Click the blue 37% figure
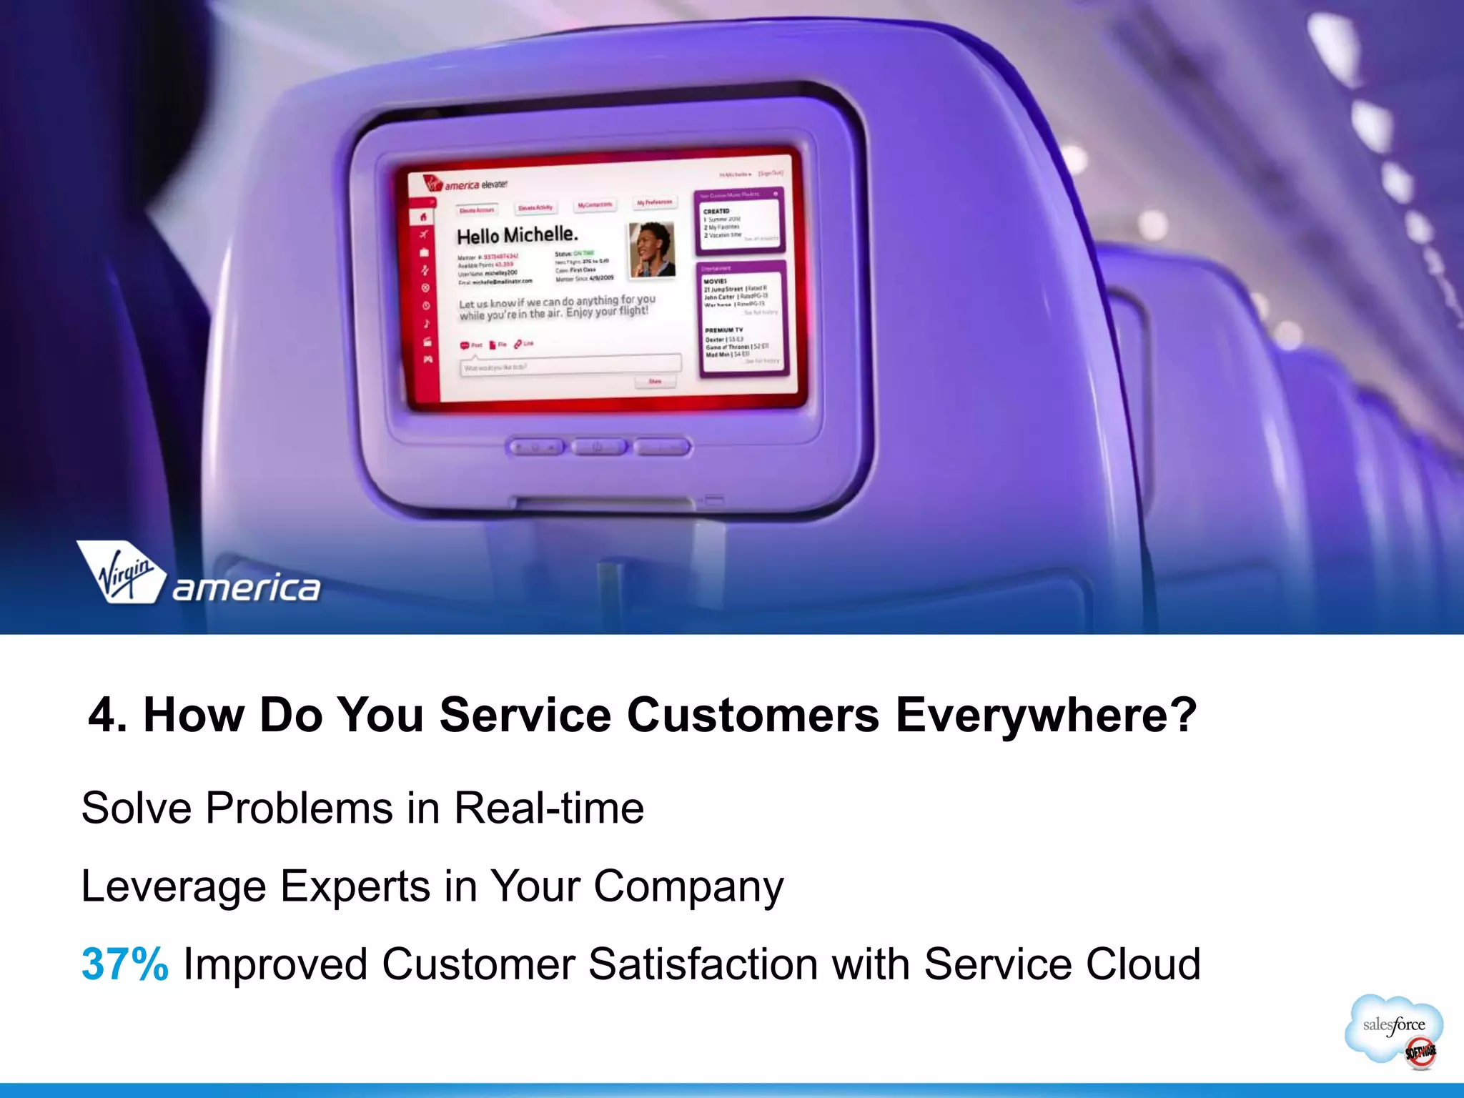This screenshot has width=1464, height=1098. (125, 964)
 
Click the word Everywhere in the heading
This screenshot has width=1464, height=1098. (1046, 715)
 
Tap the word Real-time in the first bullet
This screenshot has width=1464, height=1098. (549, 808)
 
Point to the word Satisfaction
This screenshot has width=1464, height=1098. (703, 964)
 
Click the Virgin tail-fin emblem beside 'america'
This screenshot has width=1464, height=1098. (121, 573)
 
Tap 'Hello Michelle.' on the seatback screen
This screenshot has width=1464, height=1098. (517, 235)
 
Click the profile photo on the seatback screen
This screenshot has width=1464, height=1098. (651, 249)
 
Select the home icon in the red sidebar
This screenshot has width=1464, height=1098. (423, 217)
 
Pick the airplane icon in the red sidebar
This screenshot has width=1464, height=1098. (424, 234)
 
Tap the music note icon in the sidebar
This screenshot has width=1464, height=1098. (427, 324)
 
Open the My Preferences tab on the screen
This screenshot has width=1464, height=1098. (654, 203)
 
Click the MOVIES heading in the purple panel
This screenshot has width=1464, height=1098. (715, 282)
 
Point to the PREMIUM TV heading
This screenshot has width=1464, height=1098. (723, 330)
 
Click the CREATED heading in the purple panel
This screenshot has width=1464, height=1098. (716, 212)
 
